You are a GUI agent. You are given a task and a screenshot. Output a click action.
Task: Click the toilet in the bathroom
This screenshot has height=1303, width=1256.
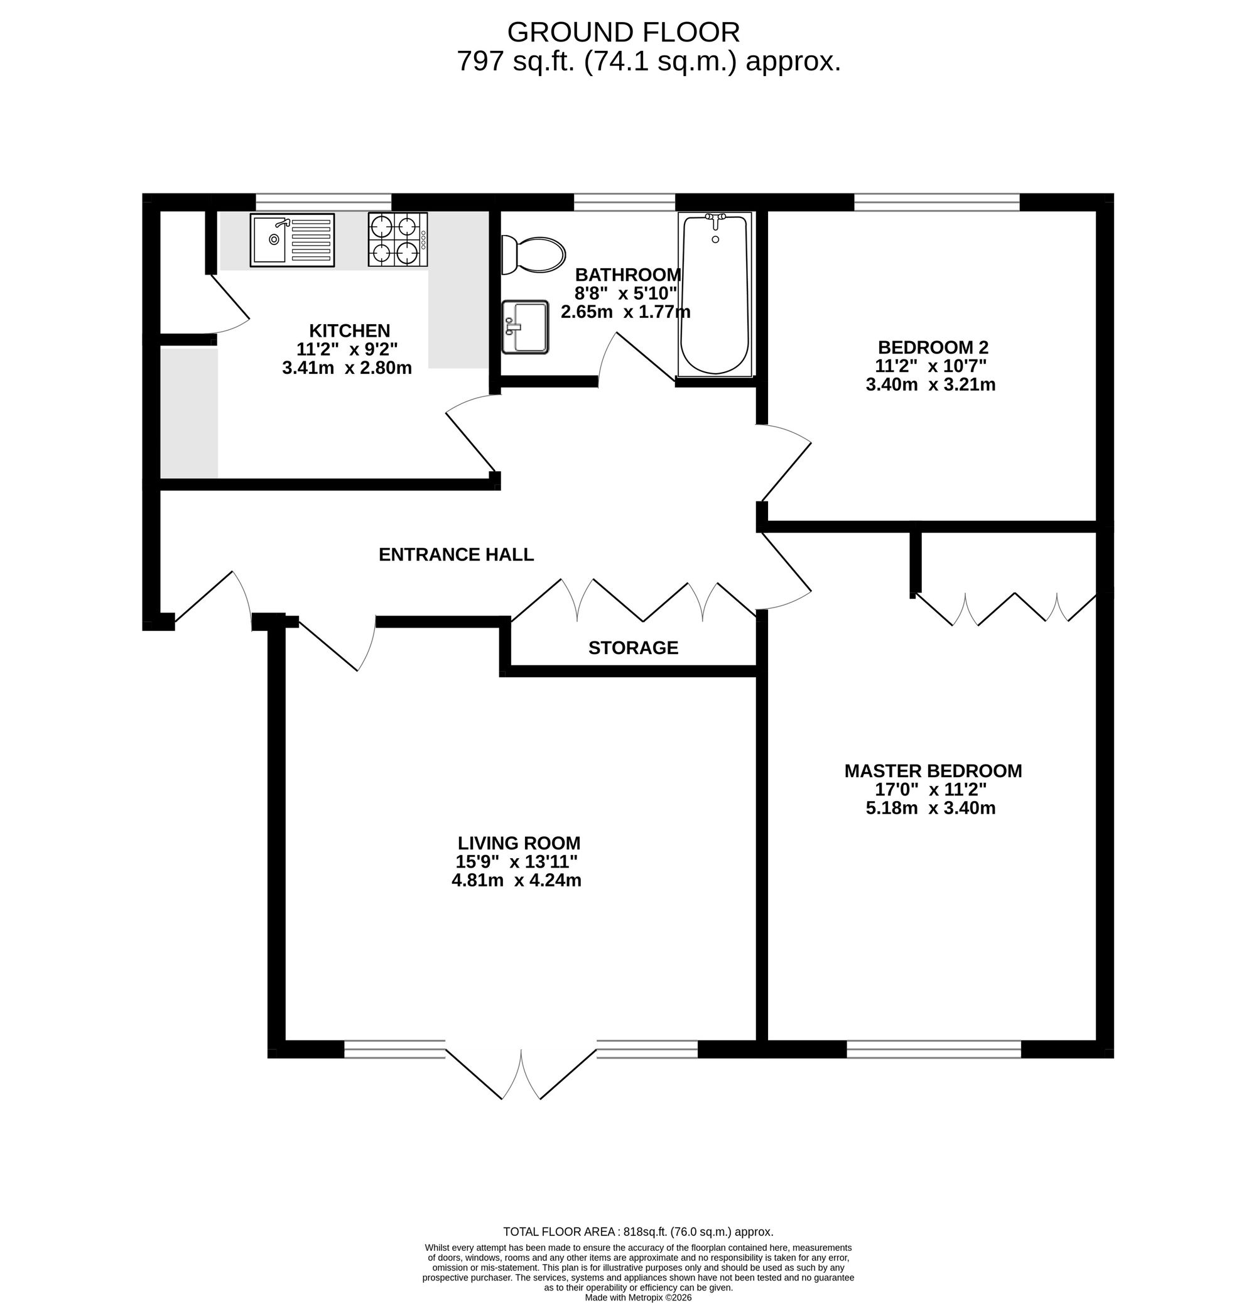click(533, 254)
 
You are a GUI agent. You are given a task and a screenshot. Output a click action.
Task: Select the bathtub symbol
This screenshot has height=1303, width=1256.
click(715, 295)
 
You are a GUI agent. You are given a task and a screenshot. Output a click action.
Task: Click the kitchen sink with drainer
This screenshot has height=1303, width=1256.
click(293, 240)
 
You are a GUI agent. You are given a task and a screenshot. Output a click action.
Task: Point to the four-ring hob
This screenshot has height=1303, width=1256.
click(398, 240)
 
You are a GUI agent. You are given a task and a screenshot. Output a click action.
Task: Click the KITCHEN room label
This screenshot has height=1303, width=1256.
click(350, 330)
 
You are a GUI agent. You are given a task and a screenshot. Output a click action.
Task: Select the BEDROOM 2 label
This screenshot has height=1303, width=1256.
click(933, 347)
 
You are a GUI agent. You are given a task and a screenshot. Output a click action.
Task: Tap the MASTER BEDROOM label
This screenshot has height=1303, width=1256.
click(933, 771)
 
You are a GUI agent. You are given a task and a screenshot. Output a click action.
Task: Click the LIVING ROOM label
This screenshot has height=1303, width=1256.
click(519, 843)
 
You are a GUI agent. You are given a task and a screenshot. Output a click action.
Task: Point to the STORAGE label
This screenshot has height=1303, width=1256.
click(633, 648)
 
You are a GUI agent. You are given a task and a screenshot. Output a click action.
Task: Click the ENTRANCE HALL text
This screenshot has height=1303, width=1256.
click(456, 555)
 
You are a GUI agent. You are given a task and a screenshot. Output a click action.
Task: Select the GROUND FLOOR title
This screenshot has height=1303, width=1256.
click(624, 32)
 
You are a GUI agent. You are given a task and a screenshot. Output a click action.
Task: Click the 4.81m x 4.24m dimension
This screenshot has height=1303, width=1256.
click(516, 881)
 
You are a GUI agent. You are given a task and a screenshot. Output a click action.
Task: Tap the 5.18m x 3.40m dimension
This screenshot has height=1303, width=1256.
click(930, 809)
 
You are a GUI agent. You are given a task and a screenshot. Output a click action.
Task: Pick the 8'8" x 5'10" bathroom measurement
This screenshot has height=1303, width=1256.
click(625, 293)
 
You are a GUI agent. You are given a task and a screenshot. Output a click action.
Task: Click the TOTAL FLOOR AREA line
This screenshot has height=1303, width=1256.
click(638, 1232)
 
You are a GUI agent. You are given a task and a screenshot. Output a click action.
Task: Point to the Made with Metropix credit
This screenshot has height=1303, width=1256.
click(638, 1297)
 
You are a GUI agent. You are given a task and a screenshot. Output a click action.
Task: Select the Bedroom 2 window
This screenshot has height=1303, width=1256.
click(936, 202)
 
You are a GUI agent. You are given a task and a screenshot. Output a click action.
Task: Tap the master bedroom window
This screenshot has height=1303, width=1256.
click(934, 1049)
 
